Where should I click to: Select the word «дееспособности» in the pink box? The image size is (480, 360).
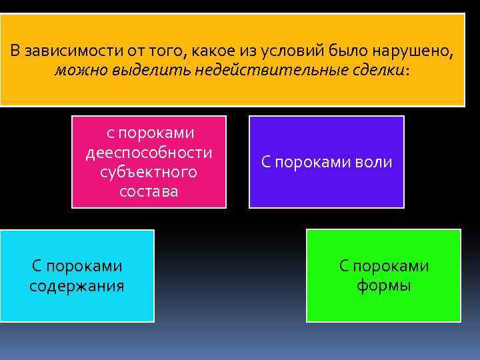coord(149,153)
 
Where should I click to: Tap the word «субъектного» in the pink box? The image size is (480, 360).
coord(149,172)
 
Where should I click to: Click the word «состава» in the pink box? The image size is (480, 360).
coord(149,191)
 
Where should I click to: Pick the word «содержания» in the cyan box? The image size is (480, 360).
coord(77,286)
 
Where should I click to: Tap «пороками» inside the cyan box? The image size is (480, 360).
coord(86,267)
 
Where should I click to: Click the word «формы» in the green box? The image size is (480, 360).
coord(383,286)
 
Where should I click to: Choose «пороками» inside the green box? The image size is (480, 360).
coord(393,267)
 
